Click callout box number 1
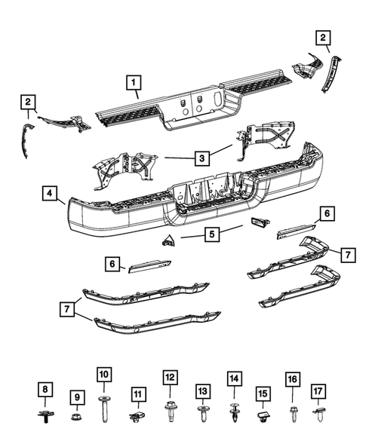coord(133,81)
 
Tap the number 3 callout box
coord(201,158)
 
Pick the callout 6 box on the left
coord(113,264)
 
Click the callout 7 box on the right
coord(346,256)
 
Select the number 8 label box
coord(47,389)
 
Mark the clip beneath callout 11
coord(137,415)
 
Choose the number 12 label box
coord(170,376)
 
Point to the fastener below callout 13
coord(202,413)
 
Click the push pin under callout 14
coord(234,413)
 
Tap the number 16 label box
coord(292,379)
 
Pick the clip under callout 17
coord(320,413)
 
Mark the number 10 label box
coord(104,375)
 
